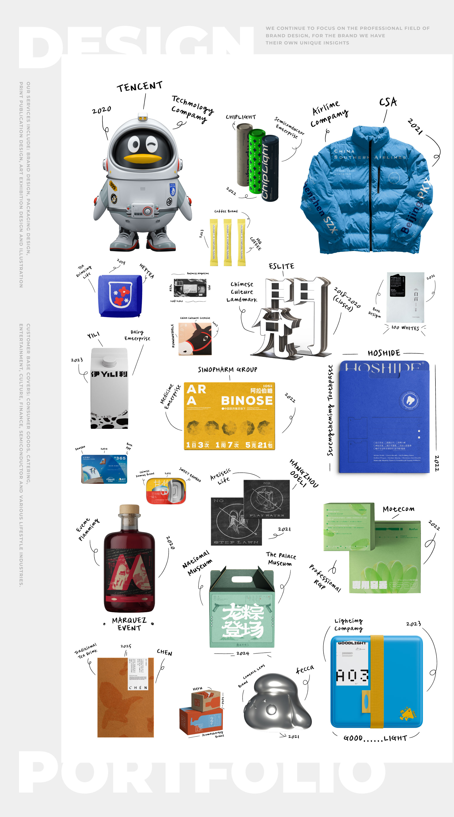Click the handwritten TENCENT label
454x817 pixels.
[139, 86]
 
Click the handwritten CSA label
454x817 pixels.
[388, 102]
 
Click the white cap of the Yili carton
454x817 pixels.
[109, 361]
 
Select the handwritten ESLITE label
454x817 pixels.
[281, 266]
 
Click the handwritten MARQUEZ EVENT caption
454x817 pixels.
[129, 624]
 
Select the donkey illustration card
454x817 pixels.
[195, 339]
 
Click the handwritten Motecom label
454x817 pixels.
[398, 509]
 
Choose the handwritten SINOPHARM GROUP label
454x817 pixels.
[228, 370]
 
